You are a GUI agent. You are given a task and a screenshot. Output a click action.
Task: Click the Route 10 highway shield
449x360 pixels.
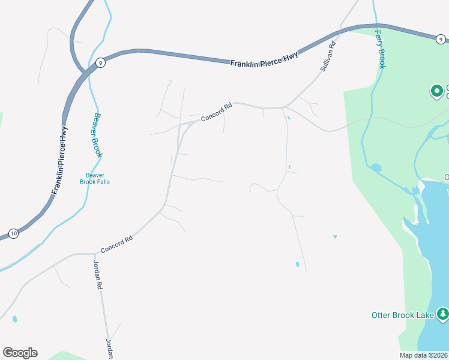point(13,233)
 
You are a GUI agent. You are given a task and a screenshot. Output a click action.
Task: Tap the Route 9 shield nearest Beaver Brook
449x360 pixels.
point(100,62)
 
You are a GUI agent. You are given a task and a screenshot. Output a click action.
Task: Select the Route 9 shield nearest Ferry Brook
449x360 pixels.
point(441,39)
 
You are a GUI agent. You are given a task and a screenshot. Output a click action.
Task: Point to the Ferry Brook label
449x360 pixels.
point(380,50)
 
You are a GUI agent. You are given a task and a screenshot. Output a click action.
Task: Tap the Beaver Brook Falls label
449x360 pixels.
point(95,178)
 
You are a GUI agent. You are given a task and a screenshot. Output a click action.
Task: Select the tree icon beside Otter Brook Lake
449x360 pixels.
point(442,314)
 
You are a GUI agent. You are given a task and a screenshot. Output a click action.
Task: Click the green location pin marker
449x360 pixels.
point(437,92)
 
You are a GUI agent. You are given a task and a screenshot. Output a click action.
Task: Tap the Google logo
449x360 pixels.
point(20,353)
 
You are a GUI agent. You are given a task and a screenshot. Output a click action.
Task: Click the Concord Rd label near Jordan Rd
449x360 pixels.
point(116,244)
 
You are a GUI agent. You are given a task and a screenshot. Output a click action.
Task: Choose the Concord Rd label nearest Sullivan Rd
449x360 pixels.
point(216,112)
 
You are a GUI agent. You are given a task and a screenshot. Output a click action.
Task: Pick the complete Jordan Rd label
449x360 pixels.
point(98,275)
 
